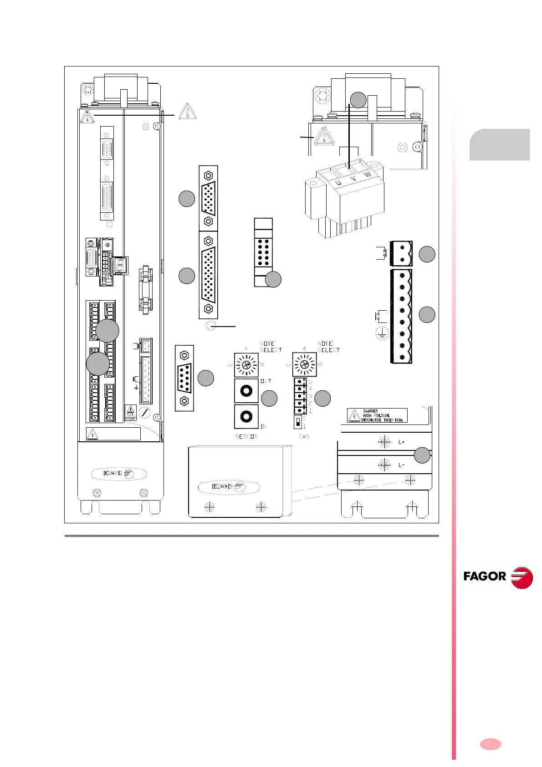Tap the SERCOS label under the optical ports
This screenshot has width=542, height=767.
point(246,436)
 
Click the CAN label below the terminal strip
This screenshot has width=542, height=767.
point(304,436)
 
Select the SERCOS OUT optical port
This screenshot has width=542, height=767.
point(246,391)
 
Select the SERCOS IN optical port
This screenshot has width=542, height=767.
point(246,416)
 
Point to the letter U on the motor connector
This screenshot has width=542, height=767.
point(338,183)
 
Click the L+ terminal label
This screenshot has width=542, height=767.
point(401,442)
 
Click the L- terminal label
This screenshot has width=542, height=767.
point(401,465)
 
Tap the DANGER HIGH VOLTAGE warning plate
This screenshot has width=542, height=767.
point(377,415)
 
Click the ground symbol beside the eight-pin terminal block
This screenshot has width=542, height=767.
point(381,334)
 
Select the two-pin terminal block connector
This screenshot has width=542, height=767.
point(401,253)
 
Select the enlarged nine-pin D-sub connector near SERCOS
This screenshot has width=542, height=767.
point(184,378)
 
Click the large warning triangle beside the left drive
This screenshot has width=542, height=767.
point(188,112)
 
